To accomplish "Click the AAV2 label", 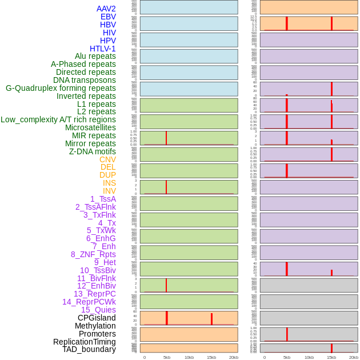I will tap(106, 9).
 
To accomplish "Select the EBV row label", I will tap(108, 17).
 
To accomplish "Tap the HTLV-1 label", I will tap(102, 49).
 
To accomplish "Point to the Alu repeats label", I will tap(95, 56).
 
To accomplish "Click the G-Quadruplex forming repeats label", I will tap(61, 88).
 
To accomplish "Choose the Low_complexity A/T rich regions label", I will tap(58, 119).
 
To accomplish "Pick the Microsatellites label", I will tap(90, 127).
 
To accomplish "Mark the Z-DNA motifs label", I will tap(93, 151).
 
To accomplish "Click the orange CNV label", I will tap(107, 159).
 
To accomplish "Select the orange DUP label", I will tap(107, 175).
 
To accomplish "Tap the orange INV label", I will tap(109, 191).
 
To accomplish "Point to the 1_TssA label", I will tap(103, 199).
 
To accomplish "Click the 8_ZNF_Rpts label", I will tap(93, 254).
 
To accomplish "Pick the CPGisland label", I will tap(97, 318).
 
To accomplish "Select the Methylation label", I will tap(95, 326).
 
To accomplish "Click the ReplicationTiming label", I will tap(84, 342).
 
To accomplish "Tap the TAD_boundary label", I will tap(89, 349).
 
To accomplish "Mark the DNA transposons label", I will tap(85, 80).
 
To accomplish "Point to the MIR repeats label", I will tap(94, 135).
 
